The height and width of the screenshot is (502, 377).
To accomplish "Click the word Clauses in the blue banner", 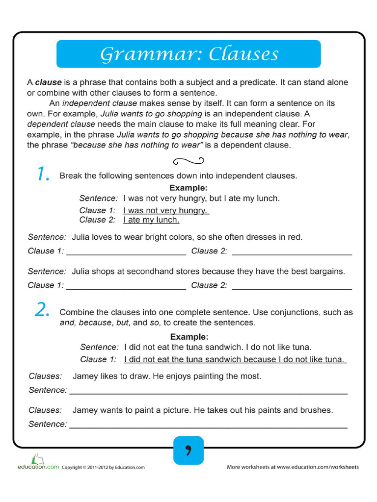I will click(243, 54).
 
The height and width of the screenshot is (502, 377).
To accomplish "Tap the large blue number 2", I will click(42, 309).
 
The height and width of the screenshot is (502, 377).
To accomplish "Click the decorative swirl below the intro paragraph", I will click(188, 160).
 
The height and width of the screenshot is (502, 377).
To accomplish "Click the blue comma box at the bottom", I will click(188, 450).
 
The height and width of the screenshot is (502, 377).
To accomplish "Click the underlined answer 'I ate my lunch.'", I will click(151, 220).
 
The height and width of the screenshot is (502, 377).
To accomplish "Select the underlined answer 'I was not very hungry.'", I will click(166, 210).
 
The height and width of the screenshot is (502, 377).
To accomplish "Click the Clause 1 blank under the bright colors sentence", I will click(126, 252).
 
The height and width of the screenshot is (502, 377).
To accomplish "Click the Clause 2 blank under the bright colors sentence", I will click(292, 252).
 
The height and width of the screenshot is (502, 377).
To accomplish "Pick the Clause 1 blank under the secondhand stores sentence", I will click(126, 287).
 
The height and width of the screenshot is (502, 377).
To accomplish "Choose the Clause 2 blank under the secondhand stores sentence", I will click(292, 287).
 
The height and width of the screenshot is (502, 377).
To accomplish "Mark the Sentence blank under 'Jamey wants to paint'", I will click(209, 426).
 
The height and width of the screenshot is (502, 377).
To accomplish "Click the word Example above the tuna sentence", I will click(189, 337).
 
